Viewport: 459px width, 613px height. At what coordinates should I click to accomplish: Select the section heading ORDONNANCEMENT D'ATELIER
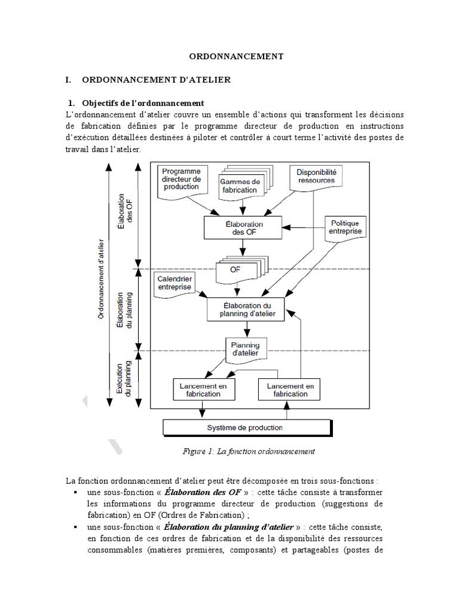coord(155,80)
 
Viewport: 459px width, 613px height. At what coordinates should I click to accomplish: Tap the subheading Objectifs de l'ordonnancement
coord(143,102)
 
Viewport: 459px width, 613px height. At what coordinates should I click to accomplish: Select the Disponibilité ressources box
coord(316,176)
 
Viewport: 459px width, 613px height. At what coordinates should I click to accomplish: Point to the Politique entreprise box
coord(346,227)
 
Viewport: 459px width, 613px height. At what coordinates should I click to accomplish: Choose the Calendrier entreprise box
coord(175,283)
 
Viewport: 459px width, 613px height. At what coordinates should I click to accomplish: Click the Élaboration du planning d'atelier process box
coord(244,309)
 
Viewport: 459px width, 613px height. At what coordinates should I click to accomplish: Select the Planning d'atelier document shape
coord(245,349)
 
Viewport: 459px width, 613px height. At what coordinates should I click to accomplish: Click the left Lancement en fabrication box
coord(203,390)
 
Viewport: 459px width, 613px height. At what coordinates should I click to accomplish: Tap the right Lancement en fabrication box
coord(287,390)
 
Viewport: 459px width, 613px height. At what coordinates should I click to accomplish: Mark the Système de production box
coord(246,428)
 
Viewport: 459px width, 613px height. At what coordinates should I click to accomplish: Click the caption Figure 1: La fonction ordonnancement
coord(248,451)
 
